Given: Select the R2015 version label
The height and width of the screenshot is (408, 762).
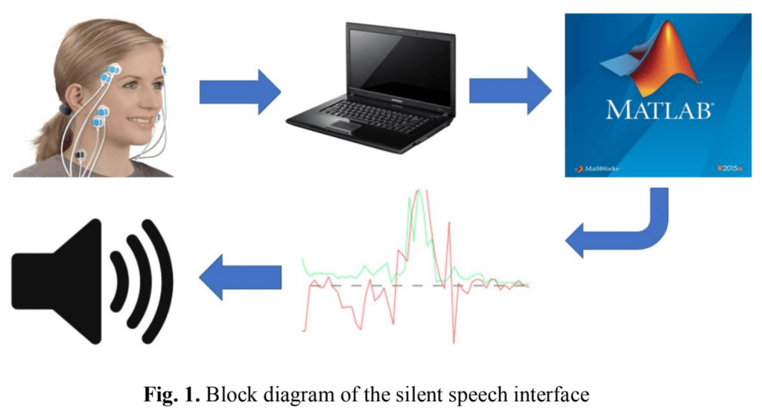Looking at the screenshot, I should (729, 170).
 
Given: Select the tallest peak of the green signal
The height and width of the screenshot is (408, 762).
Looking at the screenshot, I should (420, 192).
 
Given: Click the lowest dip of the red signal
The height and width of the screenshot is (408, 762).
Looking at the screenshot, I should (454, 342).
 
